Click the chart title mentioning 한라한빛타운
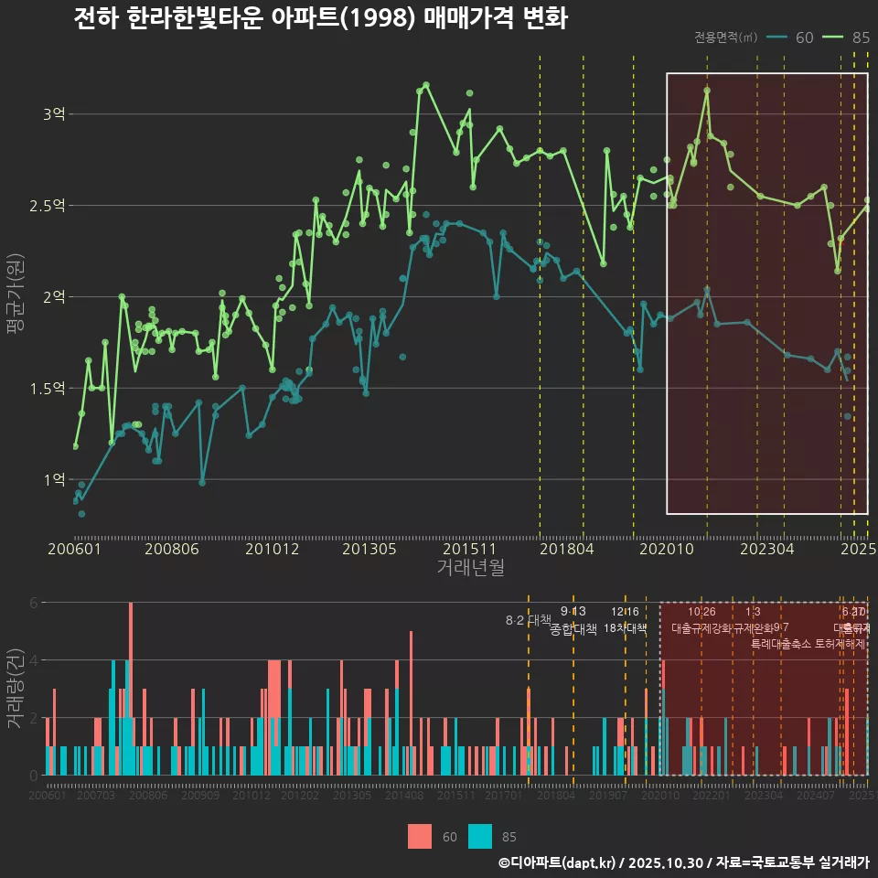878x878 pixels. click(320, 18)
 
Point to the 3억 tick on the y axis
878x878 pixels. click(53, 114)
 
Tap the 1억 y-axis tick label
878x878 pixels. click(53, 479)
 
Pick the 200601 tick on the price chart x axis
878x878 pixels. click(74, 550)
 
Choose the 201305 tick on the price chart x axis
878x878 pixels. click(369, 550)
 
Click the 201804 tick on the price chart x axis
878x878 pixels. click(567, 550)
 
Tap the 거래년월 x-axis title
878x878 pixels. click(470, 568)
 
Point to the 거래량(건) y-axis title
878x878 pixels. click(15, 689)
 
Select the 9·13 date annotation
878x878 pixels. click(573, 612)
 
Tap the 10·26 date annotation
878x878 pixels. click(701, 612)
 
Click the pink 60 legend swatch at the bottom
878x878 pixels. click(419, 836)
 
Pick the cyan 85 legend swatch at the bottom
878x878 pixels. click(480, 836)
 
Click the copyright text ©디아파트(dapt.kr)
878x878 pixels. click(557, 862)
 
